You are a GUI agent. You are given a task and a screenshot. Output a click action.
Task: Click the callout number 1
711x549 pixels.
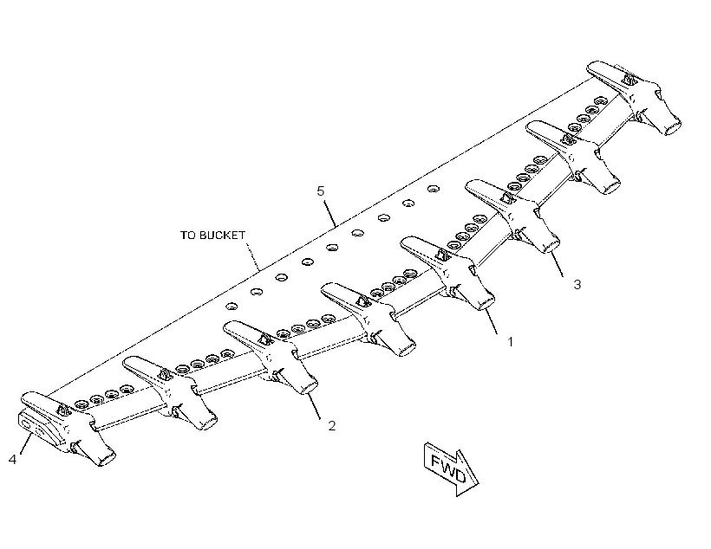click(510, 342)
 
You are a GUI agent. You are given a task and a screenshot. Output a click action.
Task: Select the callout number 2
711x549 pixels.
click(332, 426)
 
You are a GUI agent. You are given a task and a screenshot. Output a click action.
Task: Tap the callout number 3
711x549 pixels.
click(577, 285)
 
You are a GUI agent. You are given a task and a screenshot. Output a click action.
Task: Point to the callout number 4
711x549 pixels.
click(13, 459)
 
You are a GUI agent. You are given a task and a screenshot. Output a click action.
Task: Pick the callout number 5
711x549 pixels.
click(321, 191)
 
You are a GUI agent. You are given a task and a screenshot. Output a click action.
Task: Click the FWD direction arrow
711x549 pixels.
click(450, 468)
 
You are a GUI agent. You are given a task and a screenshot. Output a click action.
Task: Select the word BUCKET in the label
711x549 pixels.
click(222, 235)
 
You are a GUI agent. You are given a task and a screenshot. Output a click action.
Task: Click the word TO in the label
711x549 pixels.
click(188, 235)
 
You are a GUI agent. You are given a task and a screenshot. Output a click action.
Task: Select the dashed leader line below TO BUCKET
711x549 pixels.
click(253, 256)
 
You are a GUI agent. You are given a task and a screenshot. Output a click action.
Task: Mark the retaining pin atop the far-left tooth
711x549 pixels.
click(62, 410)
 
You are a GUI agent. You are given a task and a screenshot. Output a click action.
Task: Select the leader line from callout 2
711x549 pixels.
click(314, 406)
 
